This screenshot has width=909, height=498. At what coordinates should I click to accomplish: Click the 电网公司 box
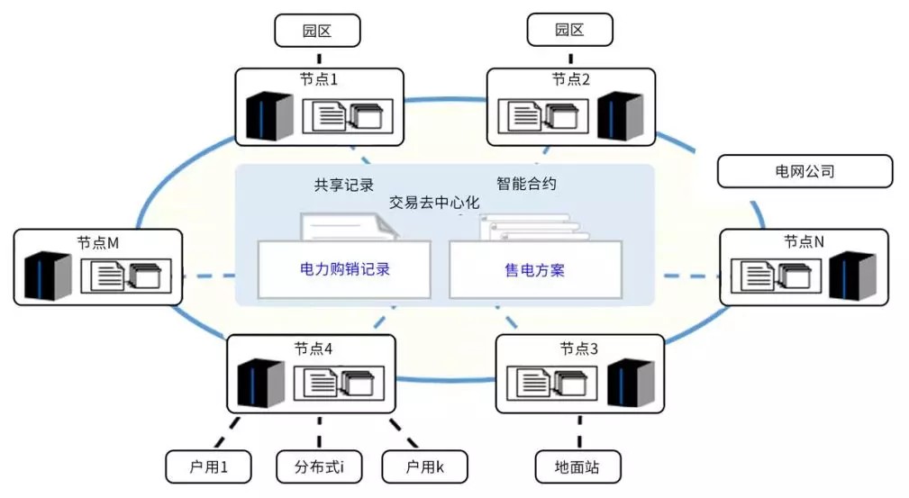pos(804,171)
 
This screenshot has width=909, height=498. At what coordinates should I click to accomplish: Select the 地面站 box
pos(577,466)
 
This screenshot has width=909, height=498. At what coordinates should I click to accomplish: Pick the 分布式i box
pos(318,466)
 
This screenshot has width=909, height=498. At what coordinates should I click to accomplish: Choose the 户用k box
pos(426,466)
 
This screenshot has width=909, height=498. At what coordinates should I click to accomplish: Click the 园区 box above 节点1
pos(317,30)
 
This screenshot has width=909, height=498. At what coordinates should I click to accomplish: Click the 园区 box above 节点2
pos(569,30)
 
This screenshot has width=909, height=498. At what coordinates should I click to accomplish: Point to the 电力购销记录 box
pos(345,268)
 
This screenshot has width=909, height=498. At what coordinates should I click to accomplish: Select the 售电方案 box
pos(535,268)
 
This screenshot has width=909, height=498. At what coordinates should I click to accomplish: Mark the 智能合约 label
pos(526,184)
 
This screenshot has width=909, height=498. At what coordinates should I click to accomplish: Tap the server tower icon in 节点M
pos(47,276)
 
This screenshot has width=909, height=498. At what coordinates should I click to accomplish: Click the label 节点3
pos(578,349)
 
